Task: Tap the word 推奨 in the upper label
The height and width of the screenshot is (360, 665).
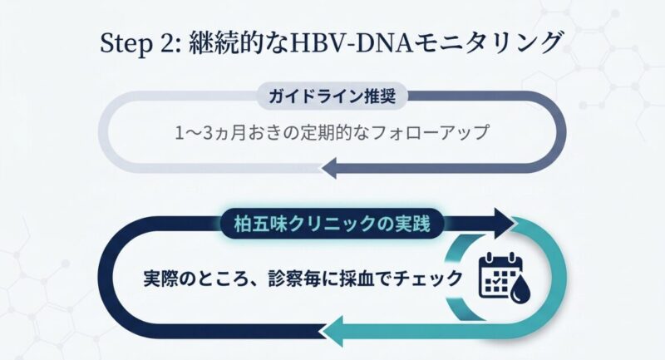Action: coord(388,95)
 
